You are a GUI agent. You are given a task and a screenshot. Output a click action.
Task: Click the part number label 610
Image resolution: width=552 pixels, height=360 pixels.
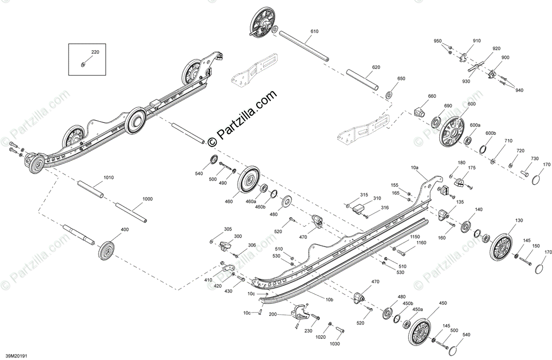314,31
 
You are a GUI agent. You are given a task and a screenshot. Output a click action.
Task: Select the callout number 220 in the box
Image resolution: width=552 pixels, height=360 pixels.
95,52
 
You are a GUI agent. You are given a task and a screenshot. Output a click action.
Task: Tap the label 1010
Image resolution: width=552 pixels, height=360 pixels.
109,177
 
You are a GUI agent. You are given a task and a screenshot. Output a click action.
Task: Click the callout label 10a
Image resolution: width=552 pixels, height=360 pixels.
414,168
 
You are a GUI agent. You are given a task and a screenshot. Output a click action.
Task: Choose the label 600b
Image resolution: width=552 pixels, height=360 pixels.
491,134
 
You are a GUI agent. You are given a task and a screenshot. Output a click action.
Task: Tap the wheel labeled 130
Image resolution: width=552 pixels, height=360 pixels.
502,247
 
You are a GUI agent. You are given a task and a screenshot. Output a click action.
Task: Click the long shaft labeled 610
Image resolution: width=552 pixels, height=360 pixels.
305,45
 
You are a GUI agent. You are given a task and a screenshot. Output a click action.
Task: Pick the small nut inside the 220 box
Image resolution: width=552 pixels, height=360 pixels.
82,64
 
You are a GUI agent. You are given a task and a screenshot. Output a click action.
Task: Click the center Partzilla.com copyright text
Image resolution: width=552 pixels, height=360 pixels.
243,118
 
